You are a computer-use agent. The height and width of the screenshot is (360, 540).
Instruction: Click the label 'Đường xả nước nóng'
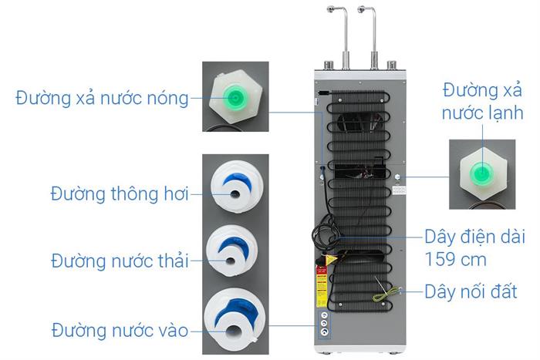coord(102,99)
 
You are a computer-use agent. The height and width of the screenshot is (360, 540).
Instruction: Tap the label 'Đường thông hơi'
coord(119,193)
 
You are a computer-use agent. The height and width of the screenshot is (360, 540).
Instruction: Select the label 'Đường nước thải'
coord(120,260)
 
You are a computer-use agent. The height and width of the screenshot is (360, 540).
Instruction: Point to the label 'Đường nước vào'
coord(120,331)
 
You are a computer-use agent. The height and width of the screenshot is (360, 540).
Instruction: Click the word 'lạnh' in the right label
coord(494,114)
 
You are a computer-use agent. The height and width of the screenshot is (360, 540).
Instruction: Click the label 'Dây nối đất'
coord(471,292)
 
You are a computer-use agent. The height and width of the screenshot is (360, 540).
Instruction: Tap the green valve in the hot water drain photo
coord(235,98)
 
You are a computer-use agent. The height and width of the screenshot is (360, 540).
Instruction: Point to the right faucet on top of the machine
coord(373,31)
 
